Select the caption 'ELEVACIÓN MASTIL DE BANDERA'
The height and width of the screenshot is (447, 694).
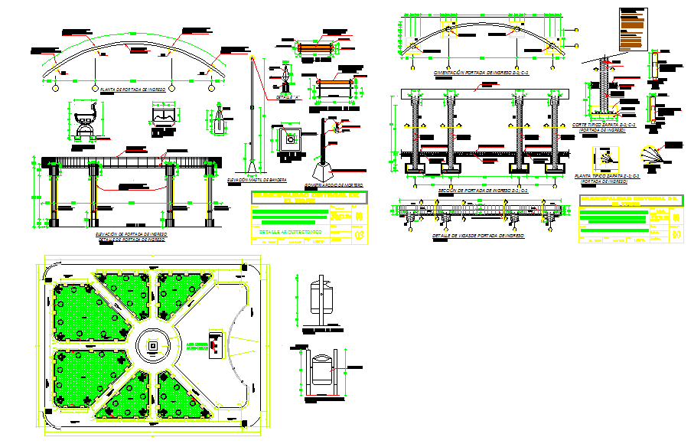tap(257, 179)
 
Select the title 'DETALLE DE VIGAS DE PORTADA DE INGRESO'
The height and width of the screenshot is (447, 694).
tap(479, 236)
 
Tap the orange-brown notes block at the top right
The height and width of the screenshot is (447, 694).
tap(632, 30)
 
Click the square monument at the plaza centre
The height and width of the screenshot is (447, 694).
tap(153, 346)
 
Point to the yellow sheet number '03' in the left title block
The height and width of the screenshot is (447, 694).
tap(360, 235)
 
